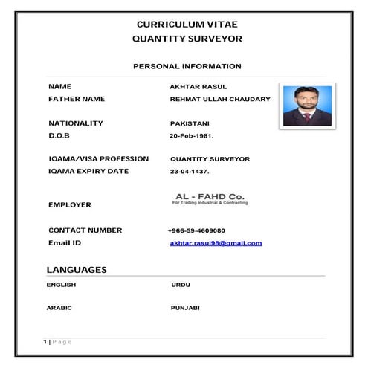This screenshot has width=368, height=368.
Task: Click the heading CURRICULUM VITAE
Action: (x=187, y=24)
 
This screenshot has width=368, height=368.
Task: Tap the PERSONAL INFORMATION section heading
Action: (x=187, y=66)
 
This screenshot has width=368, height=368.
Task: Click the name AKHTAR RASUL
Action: (x=193, y=87)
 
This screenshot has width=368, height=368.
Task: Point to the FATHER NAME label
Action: (x=77, y=99)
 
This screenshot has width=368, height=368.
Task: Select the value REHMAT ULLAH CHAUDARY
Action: (x=220, y=99)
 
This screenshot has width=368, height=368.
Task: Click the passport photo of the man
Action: (x=306, y=106)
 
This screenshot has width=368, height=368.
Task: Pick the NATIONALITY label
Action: (x=75, y=123)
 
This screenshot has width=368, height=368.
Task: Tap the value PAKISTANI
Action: (x=190, y=123)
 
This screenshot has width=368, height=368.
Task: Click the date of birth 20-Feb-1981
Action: (x=192, y=136)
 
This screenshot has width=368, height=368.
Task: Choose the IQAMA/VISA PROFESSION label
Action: (x=98, y=159)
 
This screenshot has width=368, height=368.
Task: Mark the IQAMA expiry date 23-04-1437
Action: (x=190, y=172)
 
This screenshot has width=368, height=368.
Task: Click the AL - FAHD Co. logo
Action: (x=210, y=198)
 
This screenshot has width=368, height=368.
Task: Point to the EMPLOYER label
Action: (x=70, y=204)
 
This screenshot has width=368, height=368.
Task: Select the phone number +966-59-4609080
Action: (x=197, y=230)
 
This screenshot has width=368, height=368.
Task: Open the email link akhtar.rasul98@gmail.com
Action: (x=216, y=243)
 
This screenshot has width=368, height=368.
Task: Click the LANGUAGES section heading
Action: (x=77, y=269)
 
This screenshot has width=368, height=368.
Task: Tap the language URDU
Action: (x=181, y=285)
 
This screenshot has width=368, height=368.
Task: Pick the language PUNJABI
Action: (x=185, y=307)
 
